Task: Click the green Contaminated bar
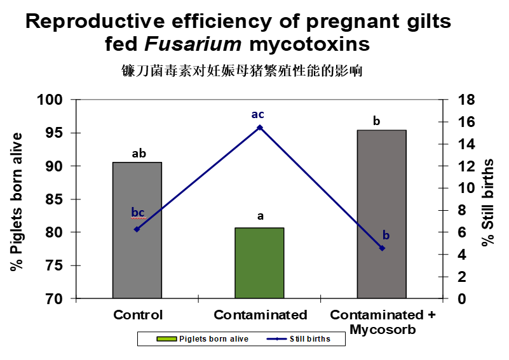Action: point(259,263)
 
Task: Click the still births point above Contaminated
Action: point(260,128)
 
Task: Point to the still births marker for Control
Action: point(137,229)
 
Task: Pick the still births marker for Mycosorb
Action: point(382,248)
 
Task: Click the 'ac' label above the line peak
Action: point(257,115)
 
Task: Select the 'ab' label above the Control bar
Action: point(139,153)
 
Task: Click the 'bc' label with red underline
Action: point(138,212)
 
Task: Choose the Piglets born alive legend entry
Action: point(203,339)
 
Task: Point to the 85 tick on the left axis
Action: point(56,199)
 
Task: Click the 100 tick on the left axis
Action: point(53,100)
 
